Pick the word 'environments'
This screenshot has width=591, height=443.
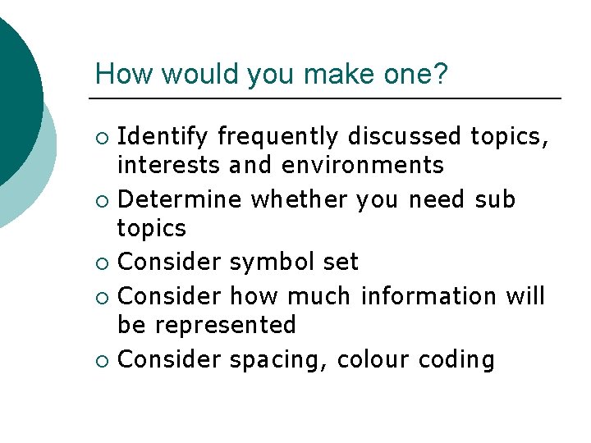pos(362,166)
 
